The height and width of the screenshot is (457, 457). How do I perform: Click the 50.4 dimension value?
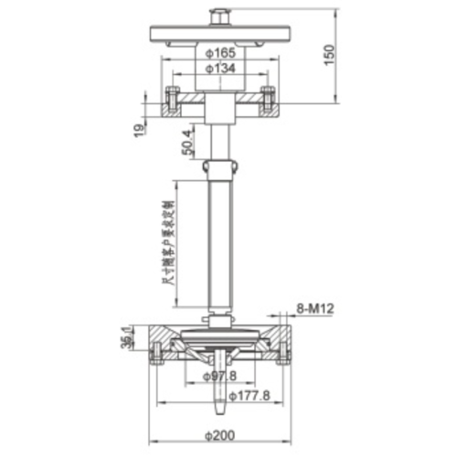click(x=188, y=143)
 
